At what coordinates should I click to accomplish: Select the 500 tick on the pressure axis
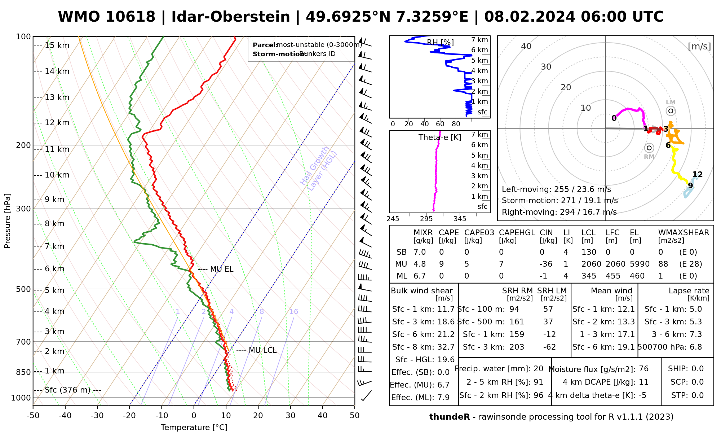pos(23,289)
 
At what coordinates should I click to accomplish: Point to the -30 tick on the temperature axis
pos(97,416)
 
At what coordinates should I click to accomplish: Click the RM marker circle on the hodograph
pos(649,148)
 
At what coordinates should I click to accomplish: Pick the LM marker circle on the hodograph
pos(671,111)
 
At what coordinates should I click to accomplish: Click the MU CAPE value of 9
pos(441,264)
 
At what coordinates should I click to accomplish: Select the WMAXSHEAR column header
pos(684,233)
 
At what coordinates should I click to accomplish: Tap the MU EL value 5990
pos(640,264)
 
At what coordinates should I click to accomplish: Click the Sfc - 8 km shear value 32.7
pos(446,347)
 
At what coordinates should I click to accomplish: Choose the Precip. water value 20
pos(538,369)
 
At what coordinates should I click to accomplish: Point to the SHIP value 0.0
pos(698,369)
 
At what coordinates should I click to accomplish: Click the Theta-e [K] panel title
pos(440,137)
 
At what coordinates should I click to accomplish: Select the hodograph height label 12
pos(697,175)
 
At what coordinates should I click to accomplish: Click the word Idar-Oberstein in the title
pos(231,17)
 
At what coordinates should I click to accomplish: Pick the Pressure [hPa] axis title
pos(8,221)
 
